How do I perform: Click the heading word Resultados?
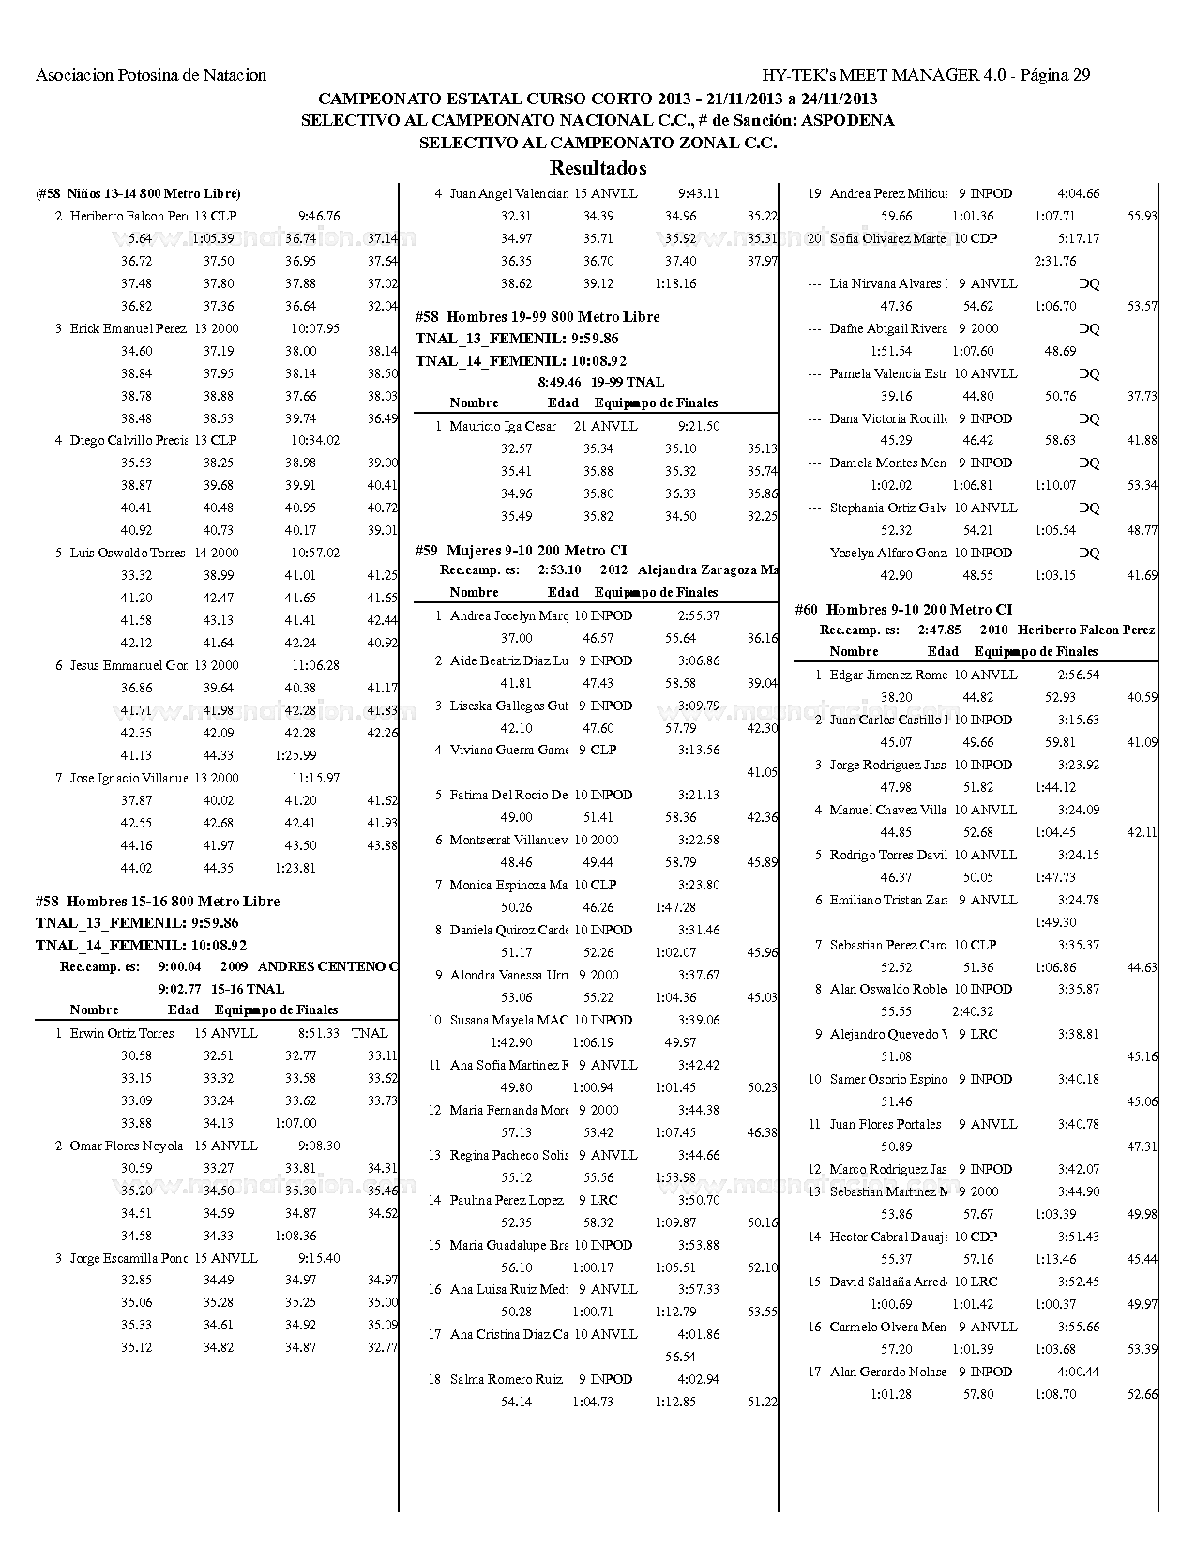pos(598,169)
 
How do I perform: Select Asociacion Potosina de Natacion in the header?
pos(151,75)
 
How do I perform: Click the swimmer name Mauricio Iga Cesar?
pos(503,426)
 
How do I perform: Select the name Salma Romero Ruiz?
pos(506,1379)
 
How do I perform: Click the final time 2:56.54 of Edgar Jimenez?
pos(1079,675)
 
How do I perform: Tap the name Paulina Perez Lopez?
pos(507,1200)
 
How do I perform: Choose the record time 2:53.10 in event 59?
pos(560,569)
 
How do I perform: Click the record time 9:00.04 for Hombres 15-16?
pos(180,966)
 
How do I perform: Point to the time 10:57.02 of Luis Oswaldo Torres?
pos(315,553)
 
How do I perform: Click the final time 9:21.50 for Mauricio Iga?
pos(699,426)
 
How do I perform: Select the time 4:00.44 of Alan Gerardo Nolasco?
pos(1079,1372)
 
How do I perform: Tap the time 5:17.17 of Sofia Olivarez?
pos(1079,238)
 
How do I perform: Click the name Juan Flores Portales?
pos(886,1124)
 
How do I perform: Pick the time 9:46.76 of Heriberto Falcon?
pos(319,216)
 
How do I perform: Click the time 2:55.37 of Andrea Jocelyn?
pos(699,615)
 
